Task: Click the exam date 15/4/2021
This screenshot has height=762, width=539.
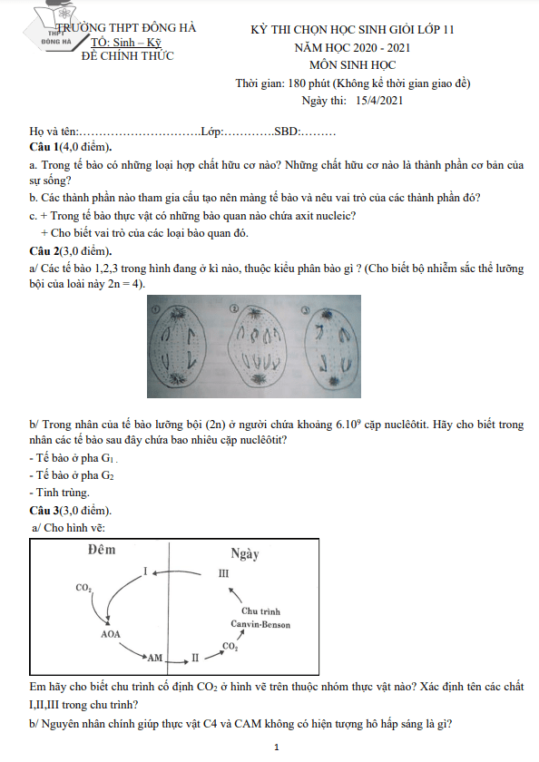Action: coord(379,101)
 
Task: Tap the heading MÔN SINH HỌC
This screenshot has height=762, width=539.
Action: coord(352,65)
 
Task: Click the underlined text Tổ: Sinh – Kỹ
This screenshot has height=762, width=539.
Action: coord(126,43)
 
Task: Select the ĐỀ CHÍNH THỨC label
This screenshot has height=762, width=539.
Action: coord(127,56)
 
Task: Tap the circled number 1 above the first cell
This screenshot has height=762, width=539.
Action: coord(156,309)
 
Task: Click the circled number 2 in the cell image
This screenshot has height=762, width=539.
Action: coord(233,308)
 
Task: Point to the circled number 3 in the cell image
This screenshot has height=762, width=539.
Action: coord(306,309)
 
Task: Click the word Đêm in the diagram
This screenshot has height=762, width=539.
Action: coord(102,550)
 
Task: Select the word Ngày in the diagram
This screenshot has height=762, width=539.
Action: coord(245,554)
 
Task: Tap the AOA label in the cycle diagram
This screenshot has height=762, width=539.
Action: coord(111,634)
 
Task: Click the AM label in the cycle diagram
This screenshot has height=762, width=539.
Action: coord(154,658)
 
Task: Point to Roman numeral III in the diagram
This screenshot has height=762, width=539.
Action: coord(223,573)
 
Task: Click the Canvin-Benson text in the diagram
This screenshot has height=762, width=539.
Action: coord(260,624)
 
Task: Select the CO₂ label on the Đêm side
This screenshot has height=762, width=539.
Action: coord(83,588)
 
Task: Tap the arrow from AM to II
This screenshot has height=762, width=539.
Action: coord(177,661)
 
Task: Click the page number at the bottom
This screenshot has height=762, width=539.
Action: coord(277,747)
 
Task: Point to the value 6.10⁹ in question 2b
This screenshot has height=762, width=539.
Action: coord(348,424)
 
